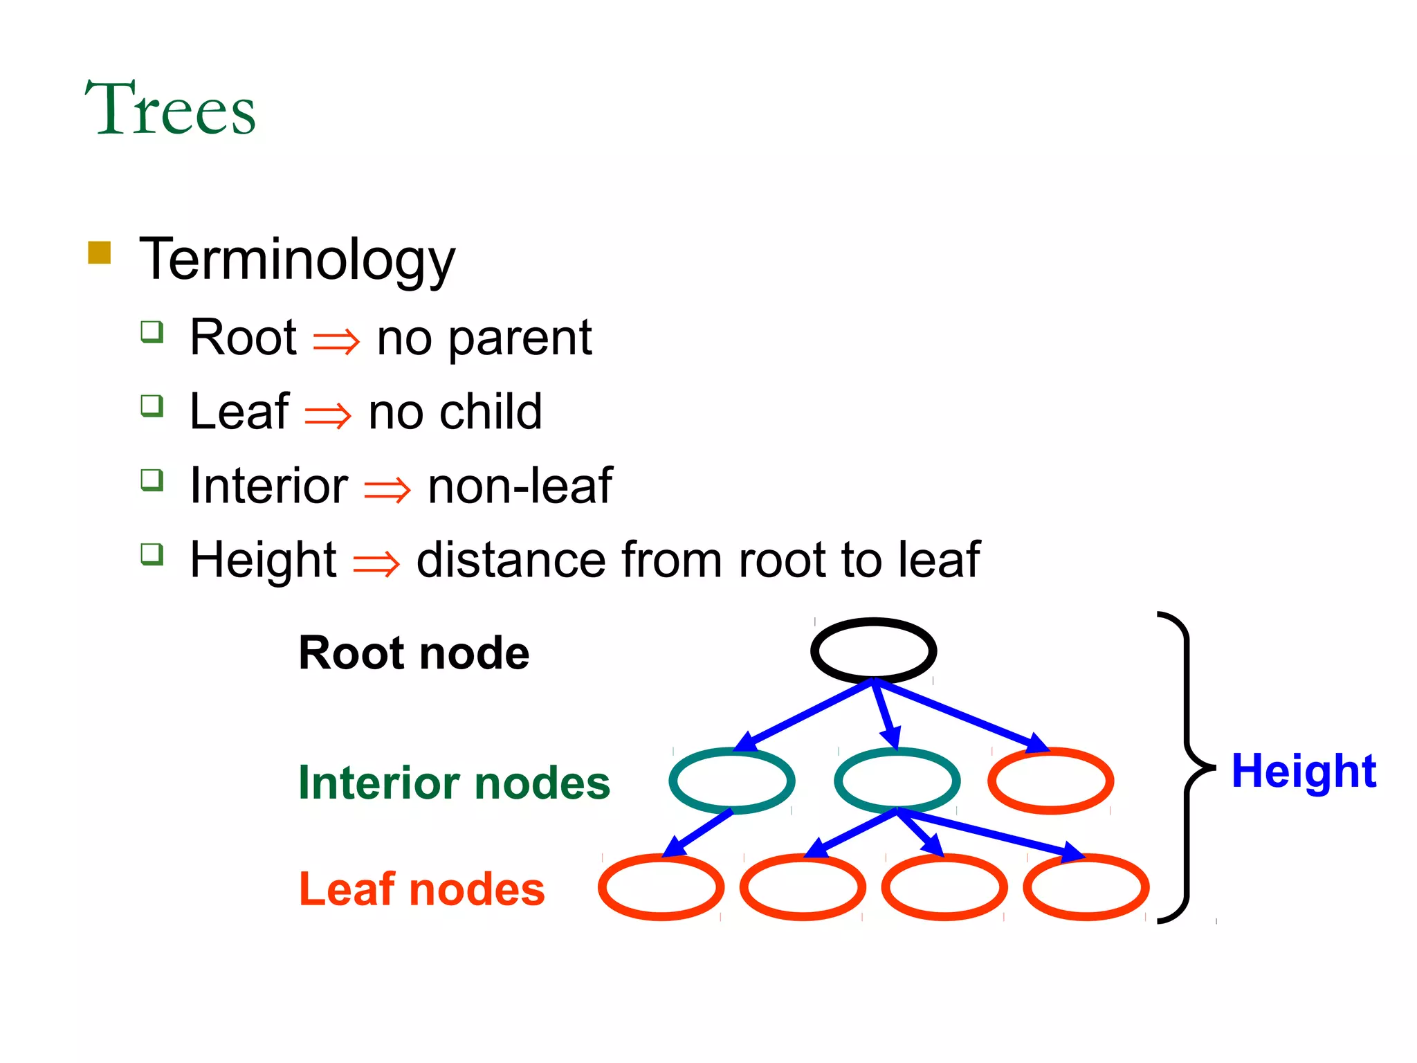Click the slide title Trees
[170, 109]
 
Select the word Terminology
[298, 260]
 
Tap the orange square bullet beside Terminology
[100, 253]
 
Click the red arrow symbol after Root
[336, 341]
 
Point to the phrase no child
[455, 412]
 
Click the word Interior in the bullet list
[268, 486]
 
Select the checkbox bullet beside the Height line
[152, 554]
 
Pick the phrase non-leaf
[520, 486]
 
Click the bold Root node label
[414, 653]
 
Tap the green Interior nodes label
[454, 783]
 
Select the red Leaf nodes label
[421, 889]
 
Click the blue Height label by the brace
[1304, 771]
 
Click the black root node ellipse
[873, 651]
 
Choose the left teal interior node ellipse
[731, 781]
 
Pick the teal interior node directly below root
[897, 781]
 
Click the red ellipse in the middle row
[1050, 781]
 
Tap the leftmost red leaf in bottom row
[661, 887]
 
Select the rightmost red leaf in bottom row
[1086, 887]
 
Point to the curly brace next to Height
[1187, 768]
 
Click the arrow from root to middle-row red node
[962, 717]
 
